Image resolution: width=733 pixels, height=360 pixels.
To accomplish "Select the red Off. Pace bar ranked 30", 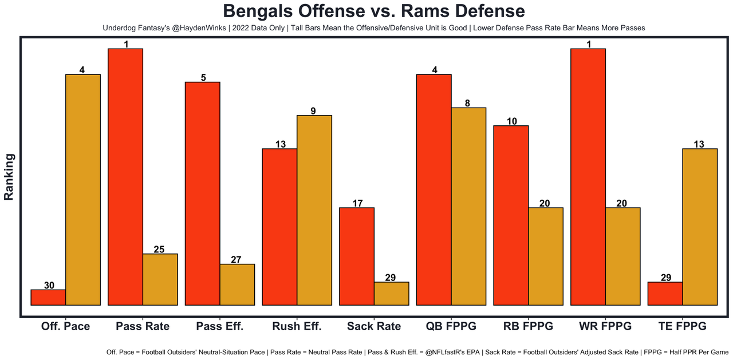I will pos(48,298).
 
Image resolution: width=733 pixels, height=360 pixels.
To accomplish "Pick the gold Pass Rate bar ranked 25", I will pos(160,279).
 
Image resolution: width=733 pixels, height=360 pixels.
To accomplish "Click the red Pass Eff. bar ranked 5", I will pos(202,193).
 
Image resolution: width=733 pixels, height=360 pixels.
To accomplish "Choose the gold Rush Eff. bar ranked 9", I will pos(314,210).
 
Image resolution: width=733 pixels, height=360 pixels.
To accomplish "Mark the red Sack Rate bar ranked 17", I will pos(357,256).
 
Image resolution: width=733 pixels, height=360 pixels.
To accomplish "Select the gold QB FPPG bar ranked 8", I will pos(468,206).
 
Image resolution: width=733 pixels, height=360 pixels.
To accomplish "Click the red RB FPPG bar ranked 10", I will pos(511,215).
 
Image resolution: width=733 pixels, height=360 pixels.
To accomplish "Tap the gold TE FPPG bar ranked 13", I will pos(700,227).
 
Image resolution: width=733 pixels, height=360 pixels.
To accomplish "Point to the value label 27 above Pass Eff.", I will pos(237,259).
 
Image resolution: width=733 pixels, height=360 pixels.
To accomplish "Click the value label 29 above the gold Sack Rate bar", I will pos(391,278).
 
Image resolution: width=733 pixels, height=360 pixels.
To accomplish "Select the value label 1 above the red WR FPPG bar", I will pos(588,44).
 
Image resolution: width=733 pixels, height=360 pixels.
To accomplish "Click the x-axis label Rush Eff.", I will pos(297,326).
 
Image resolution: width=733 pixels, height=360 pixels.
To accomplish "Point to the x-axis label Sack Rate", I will pos(374,326).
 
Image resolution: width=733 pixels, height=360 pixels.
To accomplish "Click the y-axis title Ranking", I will pos(9,176).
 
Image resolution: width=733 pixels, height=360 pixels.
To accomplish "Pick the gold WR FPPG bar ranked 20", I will pos(622,256).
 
